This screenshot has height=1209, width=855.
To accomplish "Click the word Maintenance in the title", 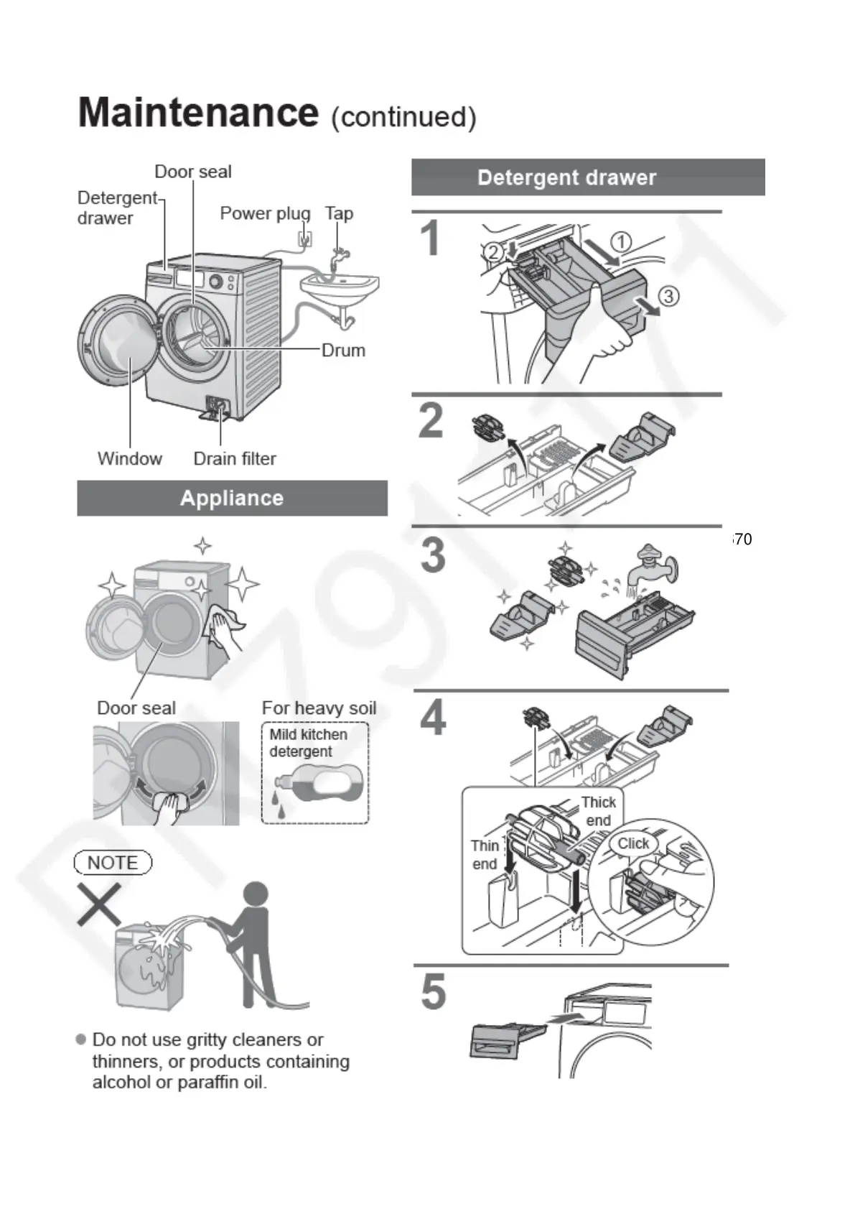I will point(197,113).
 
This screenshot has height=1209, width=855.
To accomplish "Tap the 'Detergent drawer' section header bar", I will point(587,177).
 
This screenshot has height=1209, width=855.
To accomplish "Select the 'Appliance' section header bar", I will point(232,498).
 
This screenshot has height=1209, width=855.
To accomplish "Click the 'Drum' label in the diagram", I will point(343,351).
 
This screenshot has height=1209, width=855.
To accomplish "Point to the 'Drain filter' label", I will point(235,458).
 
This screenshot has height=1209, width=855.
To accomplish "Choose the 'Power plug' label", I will point(265,213).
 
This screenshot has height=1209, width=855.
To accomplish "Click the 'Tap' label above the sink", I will point(339,213).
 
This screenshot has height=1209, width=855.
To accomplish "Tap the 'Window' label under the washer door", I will point(130,458).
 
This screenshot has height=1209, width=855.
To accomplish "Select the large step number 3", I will point(433,555).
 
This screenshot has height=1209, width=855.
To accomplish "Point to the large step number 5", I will point(434,992).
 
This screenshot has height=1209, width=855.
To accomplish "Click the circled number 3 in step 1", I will point(668,296).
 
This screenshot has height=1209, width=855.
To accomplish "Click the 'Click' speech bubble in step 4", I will point(633,843).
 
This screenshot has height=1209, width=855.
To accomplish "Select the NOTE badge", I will point(113,862).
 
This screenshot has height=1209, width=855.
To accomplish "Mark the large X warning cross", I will point(99,904).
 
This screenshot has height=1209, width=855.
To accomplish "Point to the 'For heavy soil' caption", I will point(319,708).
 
